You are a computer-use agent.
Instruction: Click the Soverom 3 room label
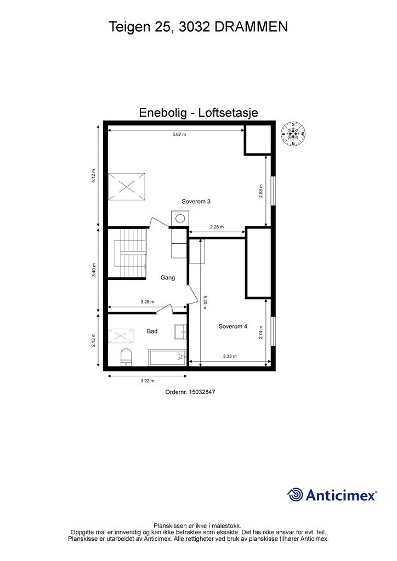tap(196, 202)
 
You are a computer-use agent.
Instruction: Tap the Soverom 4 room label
tap(232, 327)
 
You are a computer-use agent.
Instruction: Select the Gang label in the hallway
tap(167, 278)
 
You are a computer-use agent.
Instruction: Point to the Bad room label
tap(152, 331)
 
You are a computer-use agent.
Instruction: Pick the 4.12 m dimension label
tap(94, 175)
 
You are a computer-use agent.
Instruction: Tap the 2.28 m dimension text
tap(217, 227)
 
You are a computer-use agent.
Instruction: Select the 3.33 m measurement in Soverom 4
tap(230, 357)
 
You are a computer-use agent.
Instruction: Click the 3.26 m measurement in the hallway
tap(147, 302)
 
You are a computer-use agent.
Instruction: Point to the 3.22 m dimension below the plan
tap(147, 381)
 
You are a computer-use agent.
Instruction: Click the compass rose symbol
tap(293, 134)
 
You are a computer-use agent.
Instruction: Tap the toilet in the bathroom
tap(126, 357)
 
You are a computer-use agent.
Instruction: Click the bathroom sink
tap(180, 331)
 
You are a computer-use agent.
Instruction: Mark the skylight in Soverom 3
tap(127, 186)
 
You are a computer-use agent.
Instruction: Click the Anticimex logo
tap(332, 495)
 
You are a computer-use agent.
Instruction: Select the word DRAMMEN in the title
tap(251, 26)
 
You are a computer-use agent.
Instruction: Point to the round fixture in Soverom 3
tap(179, 219)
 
